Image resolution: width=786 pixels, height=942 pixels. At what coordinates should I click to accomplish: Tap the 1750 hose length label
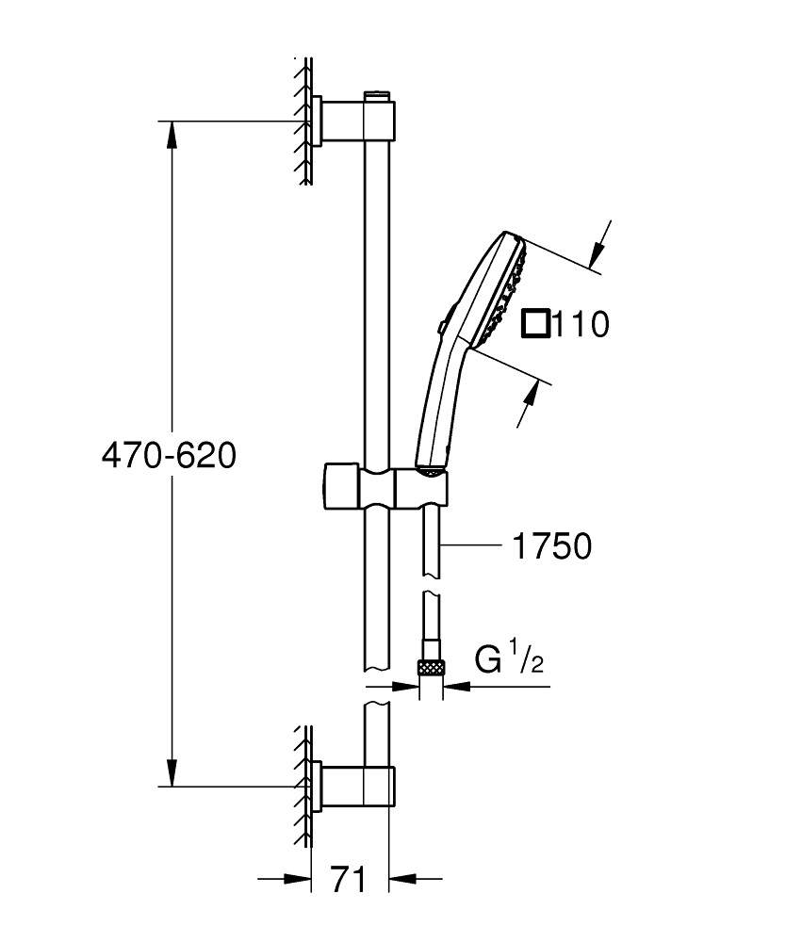(x=551, y=545)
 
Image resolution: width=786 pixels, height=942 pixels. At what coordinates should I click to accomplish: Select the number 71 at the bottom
(x=349, y=880)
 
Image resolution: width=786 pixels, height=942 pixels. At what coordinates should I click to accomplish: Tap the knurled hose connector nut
(x=431, y=667)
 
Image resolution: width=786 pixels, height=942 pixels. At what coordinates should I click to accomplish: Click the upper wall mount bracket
(x=355, y=120)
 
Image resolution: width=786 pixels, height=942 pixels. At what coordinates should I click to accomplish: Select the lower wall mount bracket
(x=355, y=786)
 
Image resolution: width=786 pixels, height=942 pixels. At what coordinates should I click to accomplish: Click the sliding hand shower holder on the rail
(x=386, y=485)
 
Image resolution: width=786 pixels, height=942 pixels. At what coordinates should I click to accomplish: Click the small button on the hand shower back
(x=441, y=326)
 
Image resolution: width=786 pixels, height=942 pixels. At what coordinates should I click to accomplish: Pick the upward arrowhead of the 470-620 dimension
(x=171, y=132)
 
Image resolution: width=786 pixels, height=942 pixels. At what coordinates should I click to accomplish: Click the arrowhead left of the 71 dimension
(x=301, y=880)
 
